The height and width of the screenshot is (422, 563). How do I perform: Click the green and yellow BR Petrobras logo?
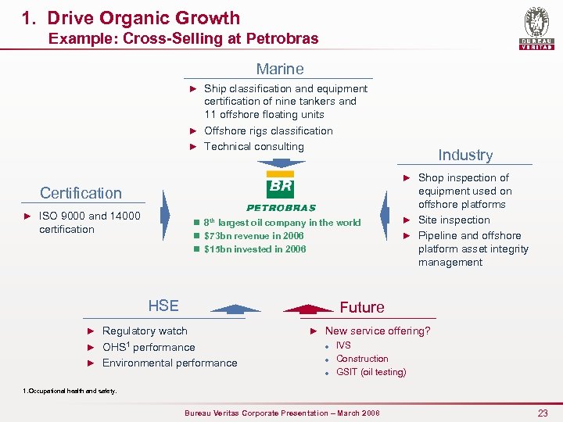coord(281,190)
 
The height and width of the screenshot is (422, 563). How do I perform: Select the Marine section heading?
coord(280,70)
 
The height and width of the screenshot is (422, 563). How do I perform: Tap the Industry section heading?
coord(465,156)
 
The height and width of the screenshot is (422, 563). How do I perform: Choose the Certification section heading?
coord(81,193)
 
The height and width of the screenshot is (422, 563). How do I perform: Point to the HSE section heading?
coord(163,306)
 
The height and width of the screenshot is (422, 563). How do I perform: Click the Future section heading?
coord(361,307)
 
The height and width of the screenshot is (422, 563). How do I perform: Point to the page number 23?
coord(543,413)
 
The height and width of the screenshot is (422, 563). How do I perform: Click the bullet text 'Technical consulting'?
coord(253,146)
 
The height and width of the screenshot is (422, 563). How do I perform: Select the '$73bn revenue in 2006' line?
coord(254,235)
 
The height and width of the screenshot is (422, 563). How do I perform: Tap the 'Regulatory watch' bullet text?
coord(145,331)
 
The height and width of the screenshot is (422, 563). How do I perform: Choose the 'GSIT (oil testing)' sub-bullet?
coord(371,372)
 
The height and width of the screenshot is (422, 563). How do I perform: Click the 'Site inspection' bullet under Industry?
coord(454,220)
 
